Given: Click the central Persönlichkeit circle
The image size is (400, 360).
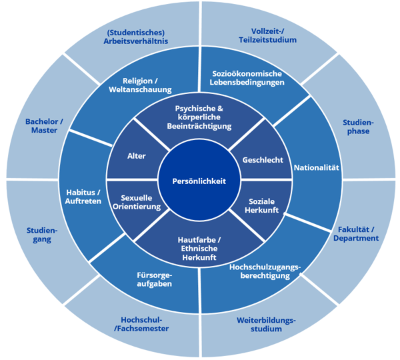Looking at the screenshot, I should (x=199, y=181).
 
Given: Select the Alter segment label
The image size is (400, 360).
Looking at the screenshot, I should (x=137, y=156).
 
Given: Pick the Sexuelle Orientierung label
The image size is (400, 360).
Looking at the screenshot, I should (x=141, y=202).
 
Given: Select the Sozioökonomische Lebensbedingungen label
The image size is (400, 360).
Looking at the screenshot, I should (x=247, y=78).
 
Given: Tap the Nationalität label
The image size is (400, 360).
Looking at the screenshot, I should (x=317, y=167).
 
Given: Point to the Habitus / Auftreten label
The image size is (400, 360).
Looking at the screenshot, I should (x=83, y=197).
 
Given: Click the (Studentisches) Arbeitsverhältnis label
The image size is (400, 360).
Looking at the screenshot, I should (x=136, y=36).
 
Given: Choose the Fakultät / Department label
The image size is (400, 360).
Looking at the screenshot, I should (x=357, y=233).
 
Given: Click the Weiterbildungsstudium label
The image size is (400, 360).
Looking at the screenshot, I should (x=266, y=324).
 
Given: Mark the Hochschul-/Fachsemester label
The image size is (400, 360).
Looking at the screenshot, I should (x=140, y=324).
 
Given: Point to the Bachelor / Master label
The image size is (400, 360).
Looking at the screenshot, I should (x=44, y=125).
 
